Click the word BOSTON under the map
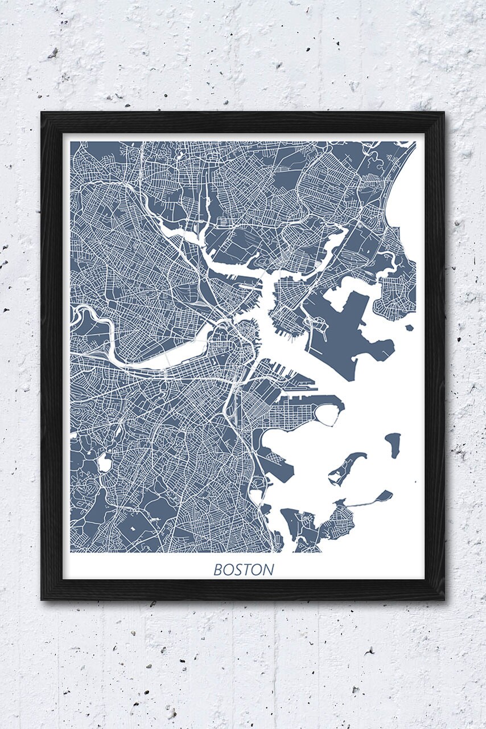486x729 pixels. coord(244,569)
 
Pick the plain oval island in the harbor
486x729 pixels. coord(393,444)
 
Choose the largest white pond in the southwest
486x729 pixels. coord(104,462)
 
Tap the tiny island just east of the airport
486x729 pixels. coord(409,328)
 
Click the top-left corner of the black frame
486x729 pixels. coord(42,113)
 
